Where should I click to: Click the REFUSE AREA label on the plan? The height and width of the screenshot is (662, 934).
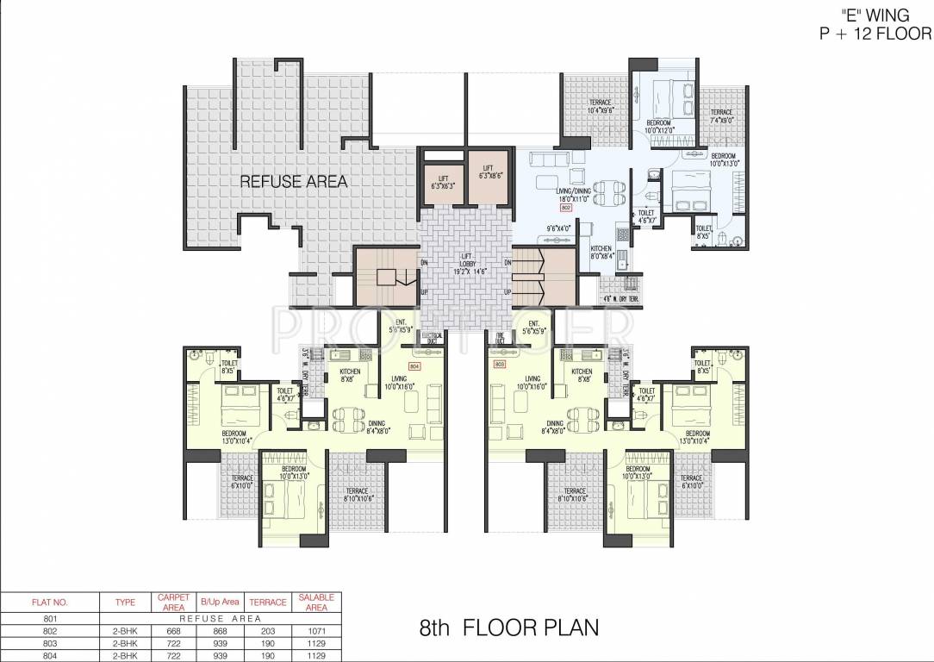coord(293,181)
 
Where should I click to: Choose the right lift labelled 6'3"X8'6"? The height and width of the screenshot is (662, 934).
coord(488,172)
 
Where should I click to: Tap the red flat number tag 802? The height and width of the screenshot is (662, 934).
coord(566,209)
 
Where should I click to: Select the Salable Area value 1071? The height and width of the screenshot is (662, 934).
coord(316,630)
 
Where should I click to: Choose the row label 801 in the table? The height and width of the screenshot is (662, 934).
coord(49,618)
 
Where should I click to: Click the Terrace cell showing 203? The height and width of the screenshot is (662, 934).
coord(267,630)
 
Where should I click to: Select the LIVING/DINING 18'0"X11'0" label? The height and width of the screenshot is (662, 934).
coord(572,195)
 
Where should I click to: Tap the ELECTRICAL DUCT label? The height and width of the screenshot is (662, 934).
coord(432,338)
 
